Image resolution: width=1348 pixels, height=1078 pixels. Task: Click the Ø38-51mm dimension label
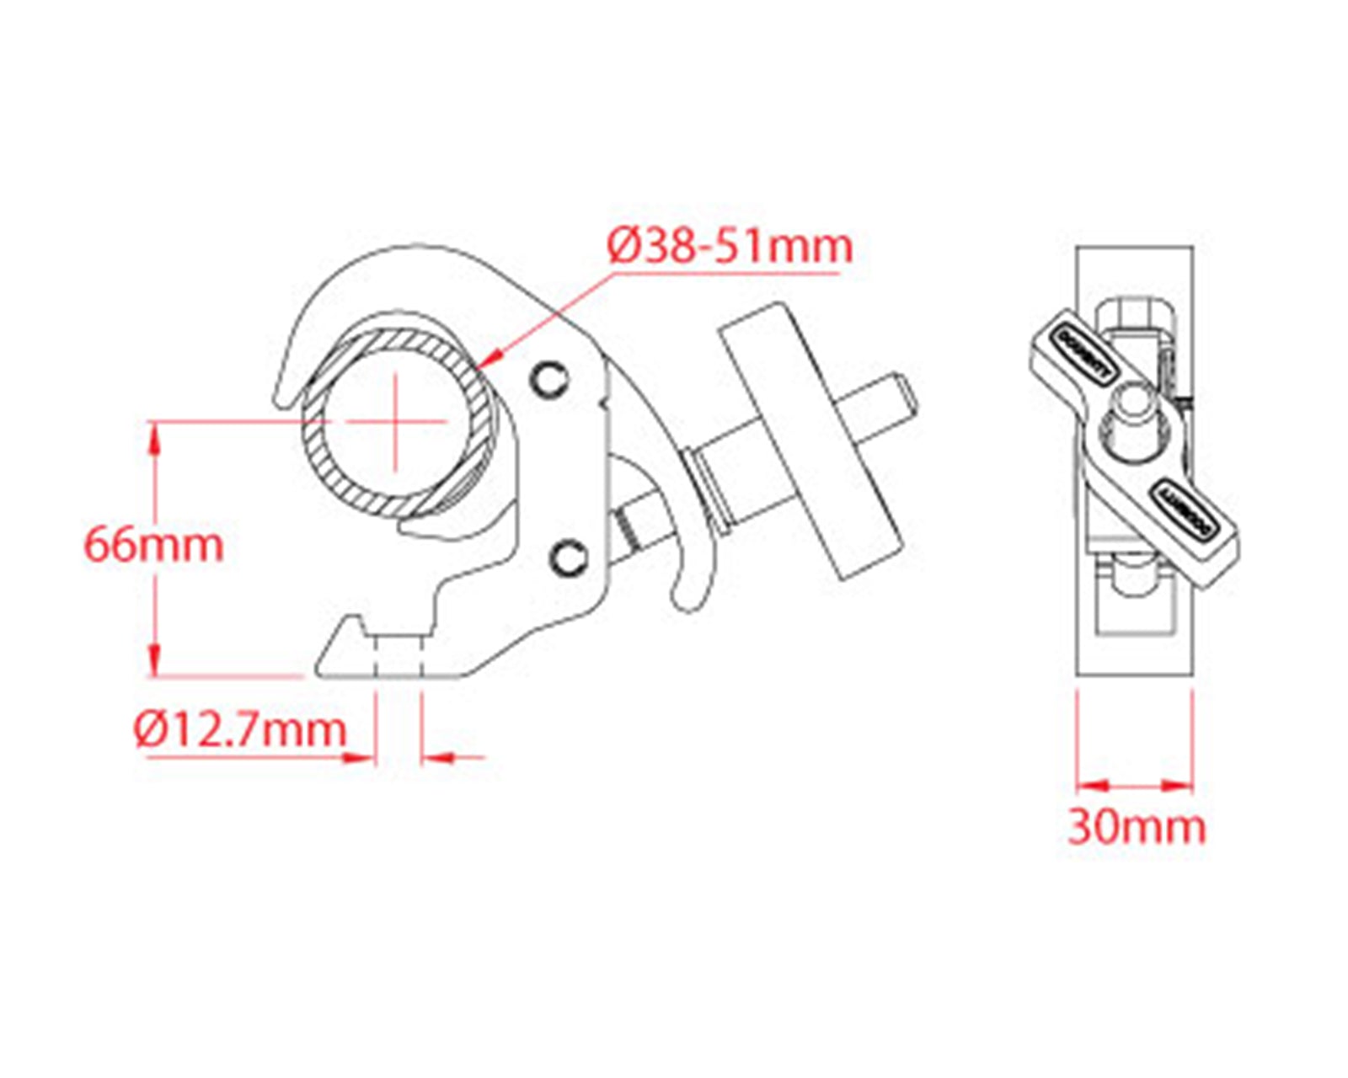730,247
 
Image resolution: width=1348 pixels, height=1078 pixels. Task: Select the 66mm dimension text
153,546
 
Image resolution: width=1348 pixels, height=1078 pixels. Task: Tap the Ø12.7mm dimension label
240,729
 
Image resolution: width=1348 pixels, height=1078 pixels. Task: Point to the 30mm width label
1137,827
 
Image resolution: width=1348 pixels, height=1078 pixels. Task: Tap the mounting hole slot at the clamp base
398,657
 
